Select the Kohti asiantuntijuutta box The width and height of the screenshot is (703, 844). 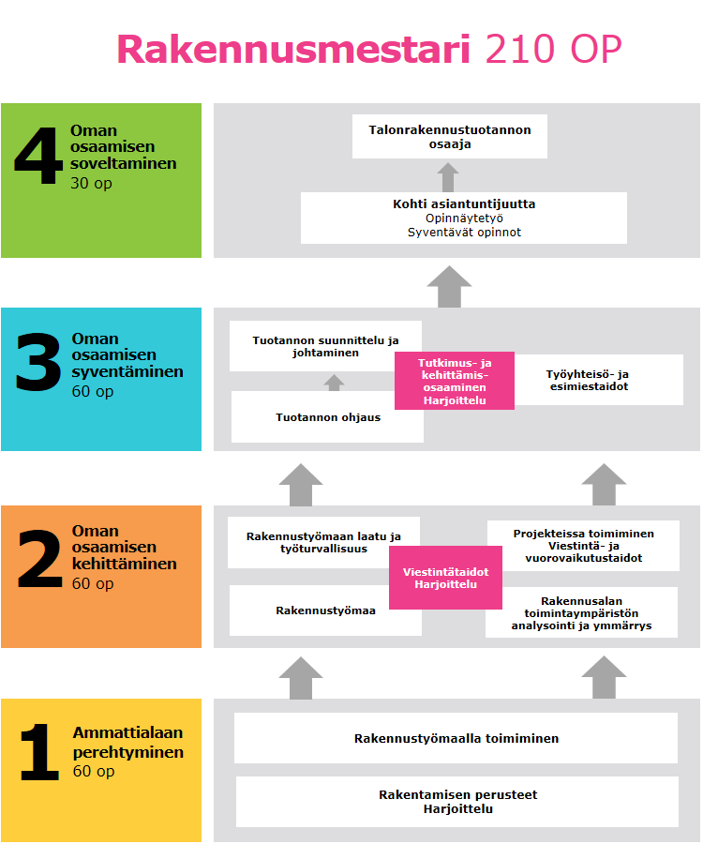(464, 218)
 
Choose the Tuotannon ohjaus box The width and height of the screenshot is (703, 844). (327, 417)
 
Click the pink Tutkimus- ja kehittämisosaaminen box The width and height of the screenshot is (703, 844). (455, 381)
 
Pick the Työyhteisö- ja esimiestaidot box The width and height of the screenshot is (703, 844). (600, 380)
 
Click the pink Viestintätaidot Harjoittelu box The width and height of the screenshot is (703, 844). (445, 578)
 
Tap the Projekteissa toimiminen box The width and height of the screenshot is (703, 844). (583, 546)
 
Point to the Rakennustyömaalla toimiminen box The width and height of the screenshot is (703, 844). (456, 738)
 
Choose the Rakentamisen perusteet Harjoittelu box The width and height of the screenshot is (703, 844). (456, 802)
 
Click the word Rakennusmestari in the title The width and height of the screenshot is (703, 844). (293, 49)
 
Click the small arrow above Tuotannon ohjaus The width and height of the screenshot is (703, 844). (335, 382)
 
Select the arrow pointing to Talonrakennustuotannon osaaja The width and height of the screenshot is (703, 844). (448, 176)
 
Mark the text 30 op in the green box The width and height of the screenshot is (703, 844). (91, 184)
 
